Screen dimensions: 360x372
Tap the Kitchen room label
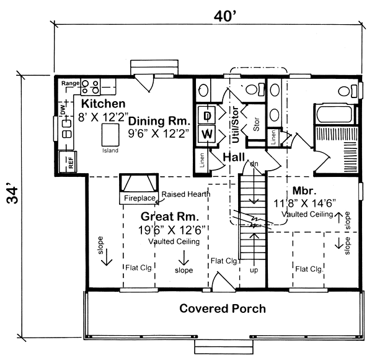coord(103,103)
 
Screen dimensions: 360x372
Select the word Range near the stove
coord(69,83)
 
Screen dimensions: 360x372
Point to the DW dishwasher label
coord(63,109)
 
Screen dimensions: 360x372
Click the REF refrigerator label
coord(71,164)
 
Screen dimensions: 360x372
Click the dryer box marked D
coord(207,115)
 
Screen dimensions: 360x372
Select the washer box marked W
coord(207,134)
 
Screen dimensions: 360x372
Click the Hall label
coord(234,157)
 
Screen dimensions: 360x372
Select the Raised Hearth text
coord(185,194)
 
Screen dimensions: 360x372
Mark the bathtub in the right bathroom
coord(335,115)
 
